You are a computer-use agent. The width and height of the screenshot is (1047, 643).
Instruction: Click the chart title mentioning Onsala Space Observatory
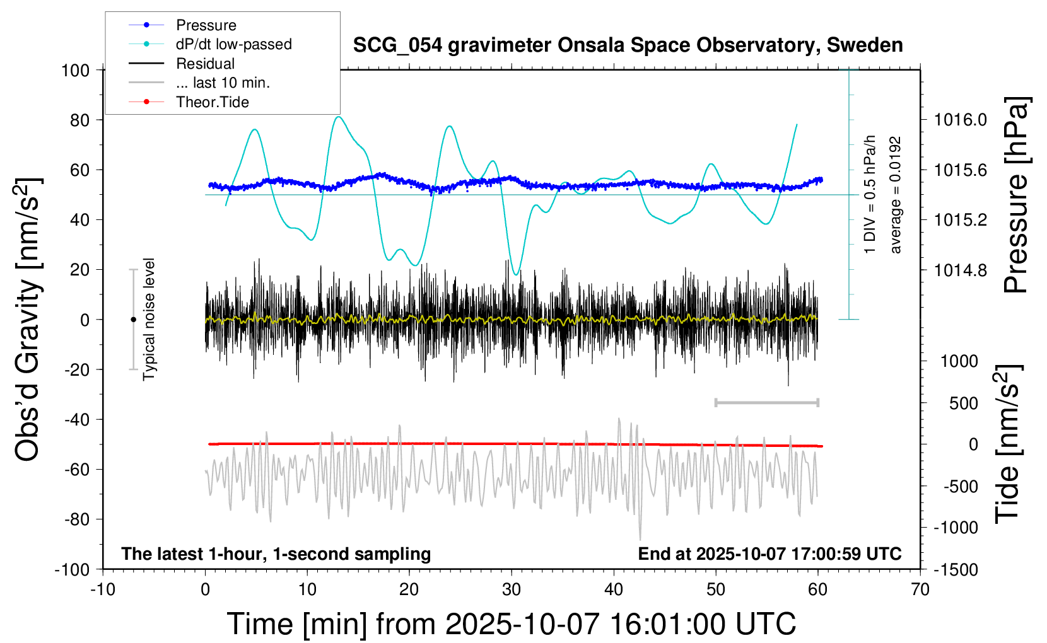(628, 45)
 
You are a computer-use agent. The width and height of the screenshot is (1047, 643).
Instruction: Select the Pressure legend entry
(206, 25)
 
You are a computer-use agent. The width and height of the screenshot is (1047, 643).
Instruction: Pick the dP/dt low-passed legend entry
(233, 44)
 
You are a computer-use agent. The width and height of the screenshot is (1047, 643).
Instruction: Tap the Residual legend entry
(205, 64)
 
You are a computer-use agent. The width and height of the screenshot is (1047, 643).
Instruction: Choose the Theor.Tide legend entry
(212, 102)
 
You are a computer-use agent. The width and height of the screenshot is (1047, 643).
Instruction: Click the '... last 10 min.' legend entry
(223, 83)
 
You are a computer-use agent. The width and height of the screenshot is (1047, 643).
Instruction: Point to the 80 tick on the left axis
(79, 120)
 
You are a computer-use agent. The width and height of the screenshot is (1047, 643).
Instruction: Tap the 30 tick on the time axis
(512, 590)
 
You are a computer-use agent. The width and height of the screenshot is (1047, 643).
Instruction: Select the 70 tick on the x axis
(920, 590)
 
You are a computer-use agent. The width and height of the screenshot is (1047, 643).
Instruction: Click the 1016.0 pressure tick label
(961, 120)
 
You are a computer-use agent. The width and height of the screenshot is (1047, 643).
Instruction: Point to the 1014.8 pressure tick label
(961, 270)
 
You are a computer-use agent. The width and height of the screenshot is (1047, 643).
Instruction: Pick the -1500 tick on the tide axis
(956, 569)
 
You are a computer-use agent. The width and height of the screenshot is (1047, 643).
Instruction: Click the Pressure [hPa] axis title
(1016, 195)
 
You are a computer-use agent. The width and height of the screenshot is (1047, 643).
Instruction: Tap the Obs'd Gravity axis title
(28, 319)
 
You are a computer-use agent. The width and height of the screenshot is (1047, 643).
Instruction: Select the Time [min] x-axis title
(511, 624)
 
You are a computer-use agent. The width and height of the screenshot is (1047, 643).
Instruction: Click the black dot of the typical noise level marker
(133, 320)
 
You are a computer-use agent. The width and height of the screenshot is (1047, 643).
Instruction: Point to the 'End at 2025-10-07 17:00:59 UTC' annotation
(769, 554)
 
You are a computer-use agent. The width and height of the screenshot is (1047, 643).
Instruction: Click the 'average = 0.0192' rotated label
(896, 195)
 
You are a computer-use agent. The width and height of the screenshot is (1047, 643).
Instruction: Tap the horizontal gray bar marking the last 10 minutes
(766, 402)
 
